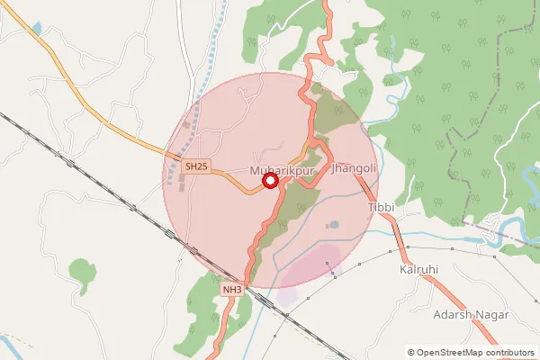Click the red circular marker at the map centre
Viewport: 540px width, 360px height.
point(269,182)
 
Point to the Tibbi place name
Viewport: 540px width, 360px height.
point(382,208)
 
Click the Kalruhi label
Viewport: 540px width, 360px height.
point(418,269)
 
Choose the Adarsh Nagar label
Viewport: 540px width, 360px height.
point(472,314)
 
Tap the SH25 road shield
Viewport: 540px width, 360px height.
point(195,166)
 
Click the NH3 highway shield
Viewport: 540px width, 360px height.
point(232,289)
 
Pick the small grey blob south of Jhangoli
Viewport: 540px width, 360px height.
point(334,224)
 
